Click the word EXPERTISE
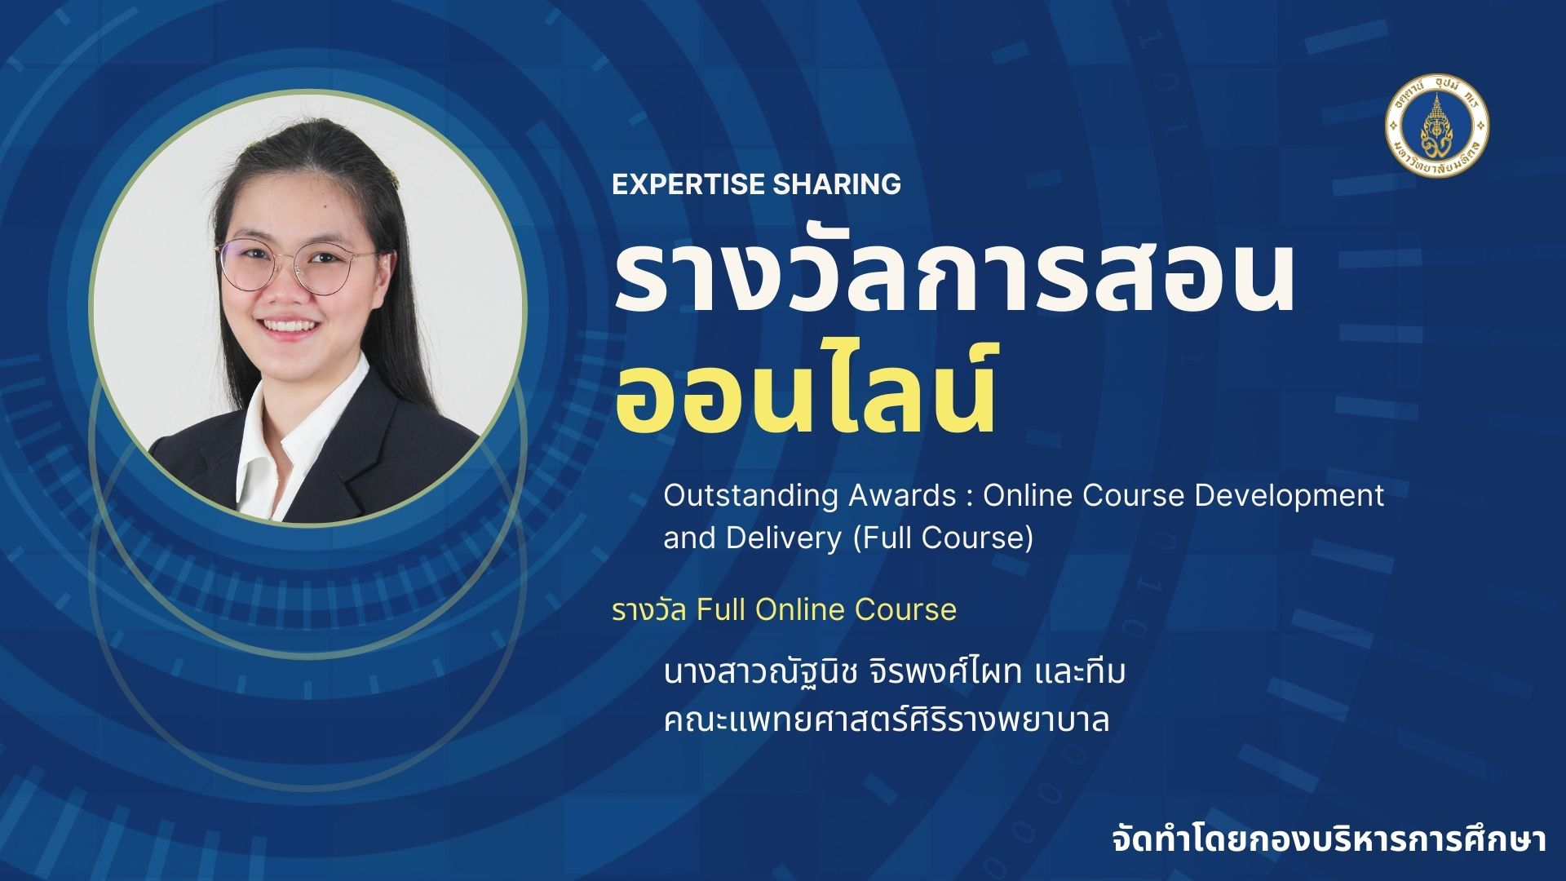point(689,184)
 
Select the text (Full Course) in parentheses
point(942,538)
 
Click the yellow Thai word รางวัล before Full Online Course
point(649,609)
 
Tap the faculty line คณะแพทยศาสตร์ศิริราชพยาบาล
point(887,720)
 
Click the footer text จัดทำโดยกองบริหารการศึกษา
point(1329,841)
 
